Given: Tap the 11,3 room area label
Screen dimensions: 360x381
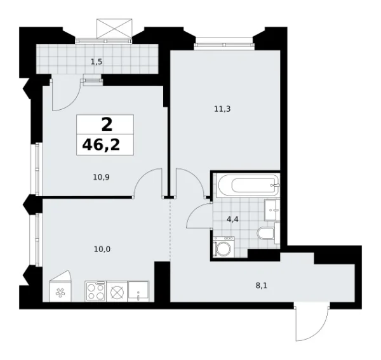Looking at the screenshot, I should click(222, 109).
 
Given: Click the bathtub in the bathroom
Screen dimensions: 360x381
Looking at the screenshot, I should click(247, 185).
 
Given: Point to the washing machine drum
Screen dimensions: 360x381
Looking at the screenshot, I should click(223, 248).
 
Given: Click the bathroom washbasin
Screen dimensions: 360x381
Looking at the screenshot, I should click(271, 210).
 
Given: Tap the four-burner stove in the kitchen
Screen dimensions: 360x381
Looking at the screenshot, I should click(96, 291).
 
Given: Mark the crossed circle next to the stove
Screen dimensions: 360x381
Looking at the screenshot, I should click(117, 291).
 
